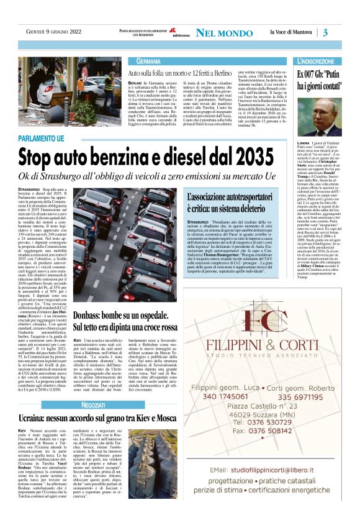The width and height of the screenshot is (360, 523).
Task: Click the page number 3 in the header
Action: coord(325,32)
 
